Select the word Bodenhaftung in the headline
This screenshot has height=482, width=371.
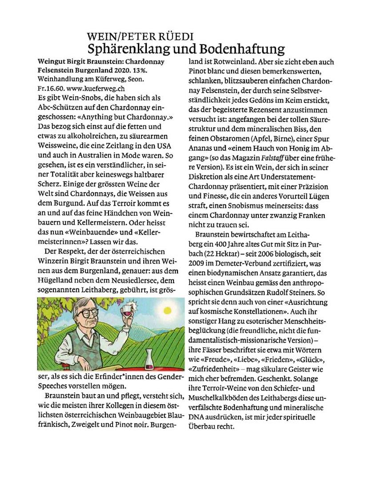241,48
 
